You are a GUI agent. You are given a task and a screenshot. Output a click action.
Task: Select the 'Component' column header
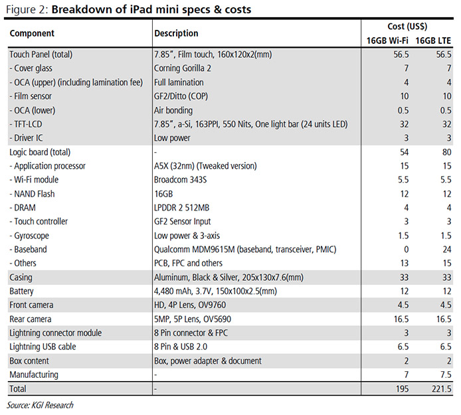pos(32,33)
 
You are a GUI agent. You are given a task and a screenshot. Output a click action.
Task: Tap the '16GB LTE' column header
pos(434,41)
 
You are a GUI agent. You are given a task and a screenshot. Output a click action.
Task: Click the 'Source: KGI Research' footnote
pos(41,405)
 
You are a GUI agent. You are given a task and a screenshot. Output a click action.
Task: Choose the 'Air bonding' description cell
pos(173,110)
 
